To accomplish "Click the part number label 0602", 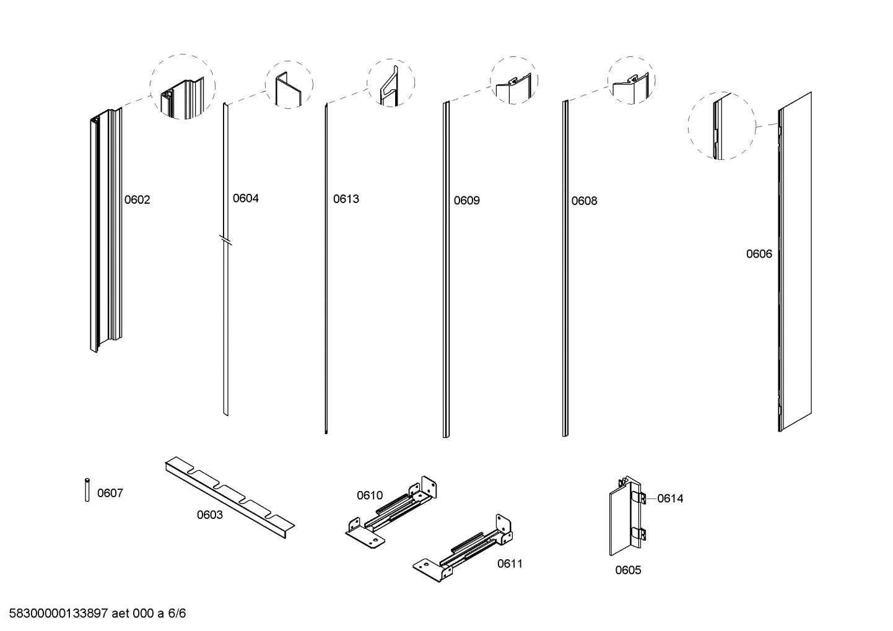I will point(137,200).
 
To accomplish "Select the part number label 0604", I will point(245,199).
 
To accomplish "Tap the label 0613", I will point(346,199).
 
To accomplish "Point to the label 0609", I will point(466,201).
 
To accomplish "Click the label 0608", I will point(584,201).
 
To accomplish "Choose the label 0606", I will point(759,254).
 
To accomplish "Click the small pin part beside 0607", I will point(87,490).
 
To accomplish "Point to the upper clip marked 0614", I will point(642,498).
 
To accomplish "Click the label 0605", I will point(628,570).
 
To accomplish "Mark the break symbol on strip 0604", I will point(226,240).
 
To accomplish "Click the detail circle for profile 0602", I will point(183,87).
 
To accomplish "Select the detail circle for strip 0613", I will point(391,83).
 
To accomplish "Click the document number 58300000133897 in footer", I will point(59,614).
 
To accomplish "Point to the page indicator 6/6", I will point(177,614).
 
